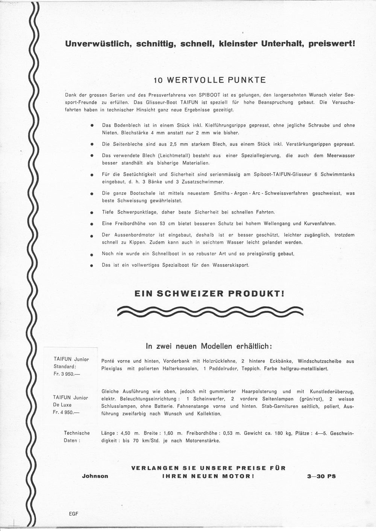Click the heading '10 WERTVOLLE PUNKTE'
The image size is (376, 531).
click(210, 80)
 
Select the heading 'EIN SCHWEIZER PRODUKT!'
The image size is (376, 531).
click(209, 294)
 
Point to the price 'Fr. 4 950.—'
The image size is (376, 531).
click(67, 412)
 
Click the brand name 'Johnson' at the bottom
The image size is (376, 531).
click(95, 476)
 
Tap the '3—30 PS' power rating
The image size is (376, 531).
click(321, 476)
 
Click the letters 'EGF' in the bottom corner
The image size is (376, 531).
click(73, 514)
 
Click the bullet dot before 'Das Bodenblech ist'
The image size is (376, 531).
click(91, 126)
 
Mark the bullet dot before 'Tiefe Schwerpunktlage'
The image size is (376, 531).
click(91, 213)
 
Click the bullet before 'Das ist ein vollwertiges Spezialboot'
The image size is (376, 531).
click(91, 265)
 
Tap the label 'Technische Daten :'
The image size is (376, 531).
click(77, 437)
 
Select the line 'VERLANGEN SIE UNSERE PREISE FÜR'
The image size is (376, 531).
click(208, 468)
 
